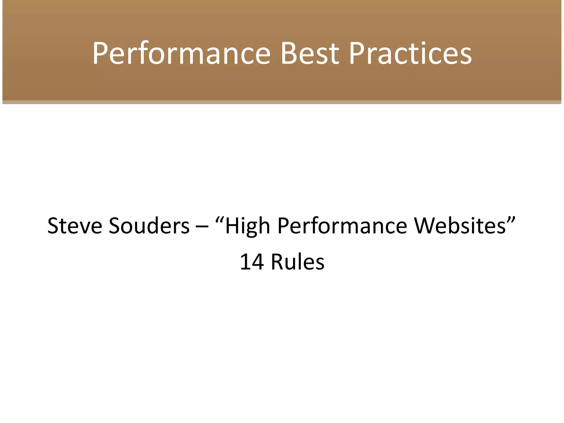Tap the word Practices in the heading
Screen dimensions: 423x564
click(x=410, y=54)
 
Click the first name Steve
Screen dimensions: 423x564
click(x=75, y=226)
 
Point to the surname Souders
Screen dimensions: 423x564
click(x=149, y=226)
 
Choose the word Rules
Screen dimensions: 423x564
click(x=297, y=262)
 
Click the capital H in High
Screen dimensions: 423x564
click(x=232, y=226)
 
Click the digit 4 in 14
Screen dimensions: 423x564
click(x=258, y=262)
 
